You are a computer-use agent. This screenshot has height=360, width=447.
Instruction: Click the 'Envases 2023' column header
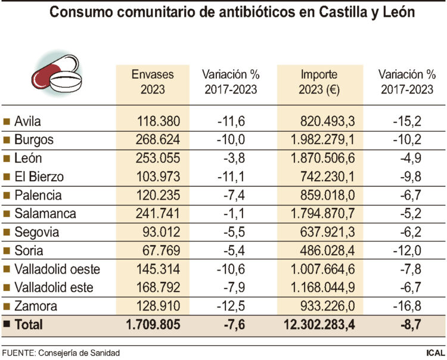click(x=153, y=82)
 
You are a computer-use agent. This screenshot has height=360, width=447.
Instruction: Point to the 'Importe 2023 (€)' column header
click(x=319, y=82)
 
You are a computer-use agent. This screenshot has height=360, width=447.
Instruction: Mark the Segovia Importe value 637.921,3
click(x=330, y=232)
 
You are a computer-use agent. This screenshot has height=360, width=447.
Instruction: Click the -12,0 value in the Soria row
click(x=407, y=251)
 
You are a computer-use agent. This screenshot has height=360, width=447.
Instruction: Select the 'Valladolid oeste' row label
click(x=57, y=269)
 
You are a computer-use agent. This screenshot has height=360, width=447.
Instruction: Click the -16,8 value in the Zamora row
click(x=407, y=306)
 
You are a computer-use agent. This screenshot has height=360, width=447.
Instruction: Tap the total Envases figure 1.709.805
click(x=153, y=325)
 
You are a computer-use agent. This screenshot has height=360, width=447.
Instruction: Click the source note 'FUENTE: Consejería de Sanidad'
click(x=61, y=353)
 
